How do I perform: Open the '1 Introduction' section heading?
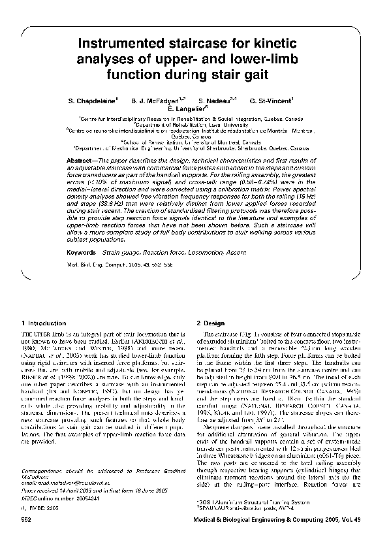click(x=44, y=323)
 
